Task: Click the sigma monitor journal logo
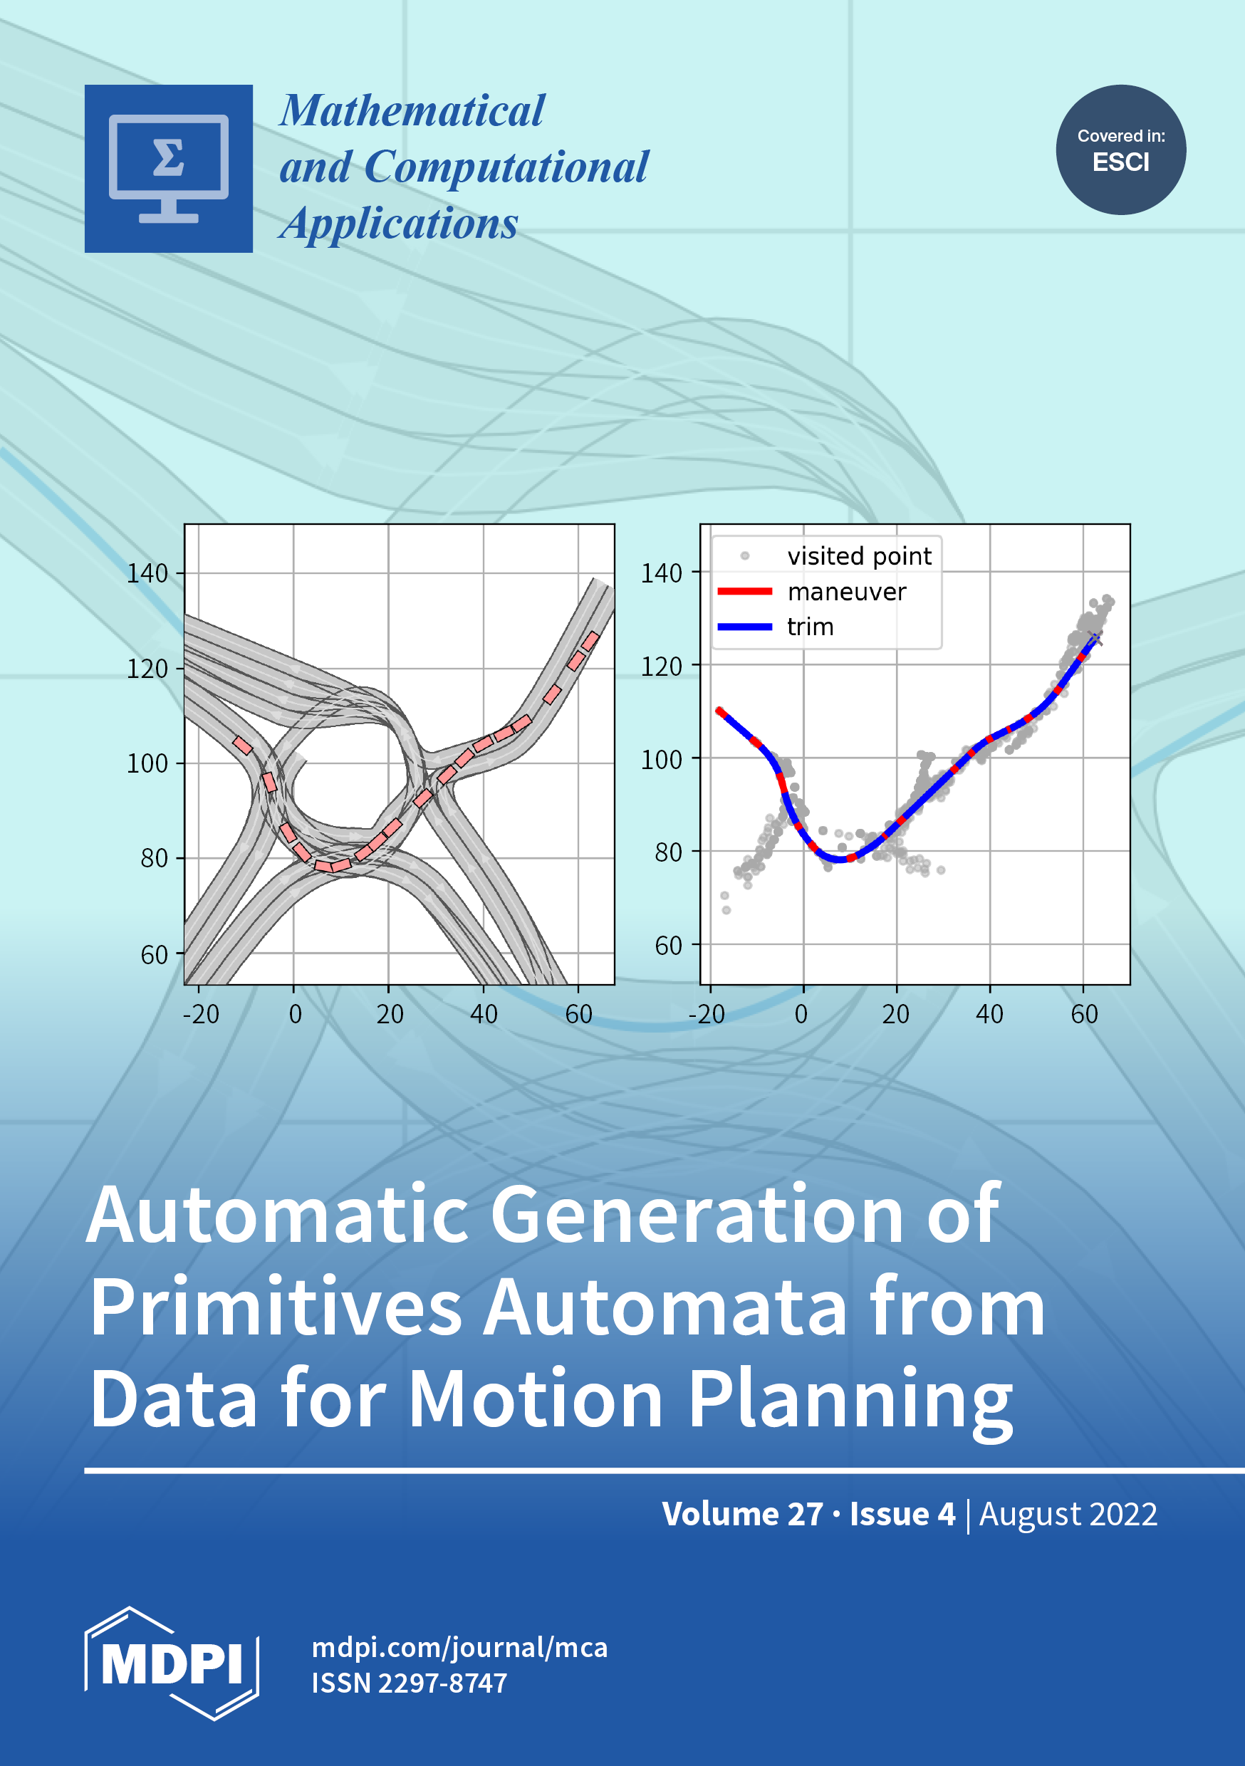[169, 169]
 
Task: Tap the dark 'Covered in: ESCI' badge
[1120, 150]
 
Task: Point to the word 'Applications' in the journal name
[400, 224]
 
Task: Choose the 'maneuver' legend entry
[812, 592]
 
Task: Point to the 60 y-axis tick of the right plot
[669, 945]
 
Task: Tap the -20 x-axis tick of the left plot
[201, 1015]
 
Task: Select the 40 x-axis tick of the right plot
[989, 1015]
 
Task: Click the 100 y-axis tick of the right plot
[662, 760]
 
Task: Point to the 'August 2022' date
[1068, 1515]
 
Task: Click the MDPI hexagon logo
[172, 1663]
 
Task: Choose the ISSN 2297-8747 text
[410, 1683]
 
